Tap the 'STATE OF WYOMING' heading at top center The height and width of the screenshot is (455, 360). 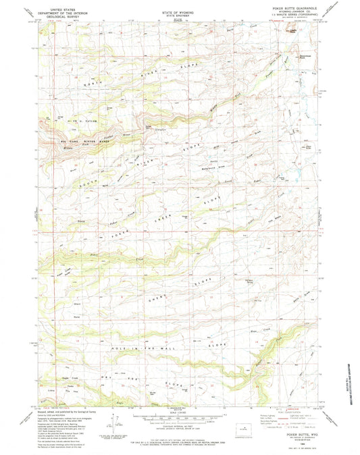(x=180, y=11)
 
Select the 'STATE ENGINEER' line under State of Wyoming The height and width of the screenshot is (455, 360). (x=180, y=16)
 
